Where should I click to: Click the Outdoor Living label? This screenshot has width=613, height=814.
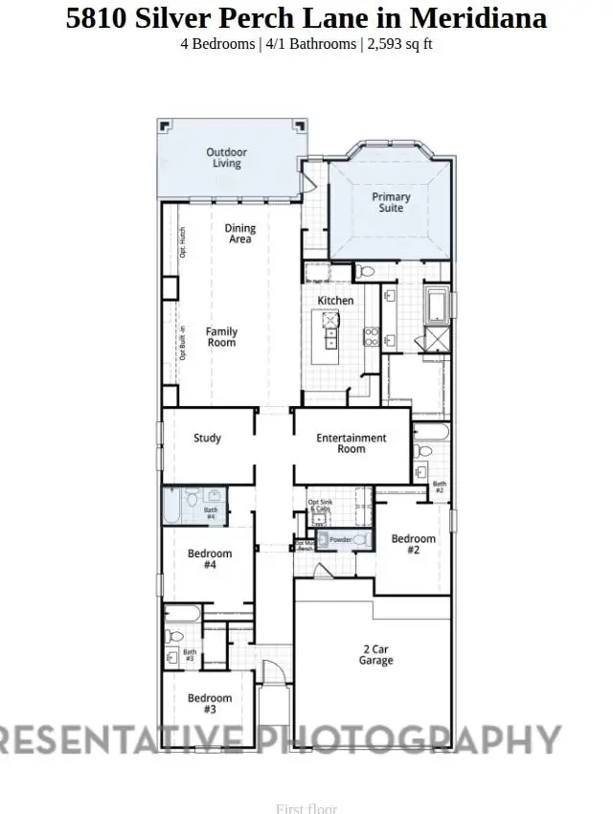point(227,158)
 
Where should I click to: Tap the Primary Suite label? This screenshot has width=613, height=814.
point(391,202)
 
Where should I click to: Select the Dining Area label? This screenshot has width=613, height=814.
point(240,234)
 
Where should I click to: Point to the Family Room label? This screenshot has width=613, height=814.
point(221,337)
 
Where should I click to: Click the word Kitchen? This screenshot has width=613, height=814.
point(335,301)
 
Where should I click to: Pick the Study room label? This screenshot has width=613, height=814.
point(207,439)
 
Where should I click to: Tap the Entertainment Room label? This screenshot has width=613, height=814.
point(352,443)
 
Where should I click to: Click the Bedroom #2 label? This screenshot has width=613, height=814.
point(413,544)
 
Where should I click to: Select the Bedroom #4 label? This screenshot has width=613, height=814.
point(209,559)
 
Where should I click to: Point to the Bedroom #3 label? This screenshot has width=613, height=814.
point(209,703)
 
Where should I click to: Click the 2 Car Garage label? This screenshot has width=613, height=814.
point(376,655)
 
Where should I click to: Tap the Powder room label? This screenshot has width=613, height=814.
point(340,540)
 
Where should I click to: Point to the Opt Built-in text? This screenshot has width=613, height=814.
point(182,343)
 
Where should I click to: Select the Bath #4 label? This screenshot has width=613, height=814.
point(211,513)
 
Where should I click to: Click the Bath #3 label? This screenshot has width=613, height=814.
point(189,656)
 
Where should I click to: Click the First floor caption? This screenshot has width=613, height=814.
point(306,808)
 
